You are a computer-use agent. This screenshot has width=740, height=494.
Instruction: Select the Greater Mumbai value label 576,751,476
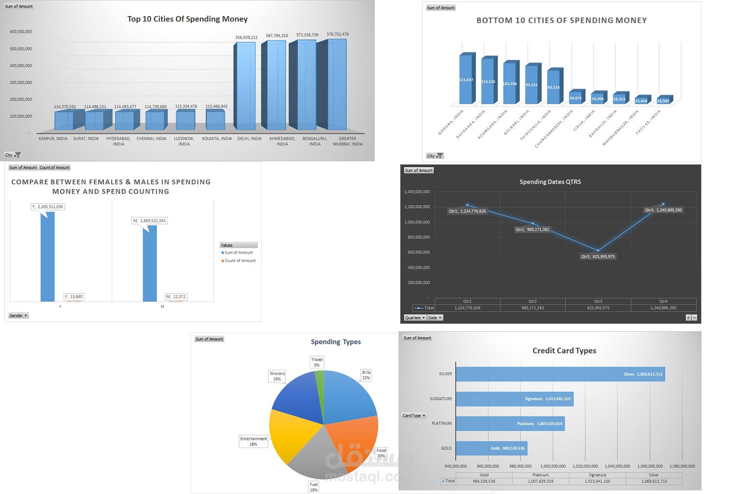338,34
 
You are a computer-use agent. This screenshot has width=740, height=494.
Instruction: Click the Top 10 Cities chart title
188,19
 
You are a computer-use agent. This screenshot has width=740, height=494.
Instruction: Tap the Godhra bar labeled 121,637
465,79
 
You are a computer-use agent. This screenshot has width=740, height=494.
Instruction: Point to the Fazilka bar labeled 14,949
663,101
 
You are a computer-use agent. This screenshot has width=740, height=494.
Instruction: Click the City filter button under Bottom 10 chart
435,156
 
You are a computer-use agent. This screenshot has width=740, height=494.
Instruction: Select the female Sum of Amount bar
48,257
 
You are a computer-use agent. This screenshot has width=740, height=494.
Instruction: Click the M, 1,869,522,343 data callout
149,221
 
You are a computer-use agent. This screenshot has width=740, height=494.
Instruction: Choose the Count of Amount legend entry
239,260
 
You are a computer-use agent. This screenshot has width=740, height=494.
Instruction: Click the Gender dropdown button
19,316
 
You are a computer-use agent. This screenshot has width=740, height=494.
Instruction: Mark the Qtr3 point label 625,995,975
598,257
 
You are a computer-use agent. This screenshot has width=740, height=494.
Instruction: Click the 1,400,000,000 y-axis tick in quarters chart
417,192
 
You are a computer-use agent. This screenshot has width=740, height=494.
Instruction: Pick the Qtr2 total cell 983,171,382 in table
532,308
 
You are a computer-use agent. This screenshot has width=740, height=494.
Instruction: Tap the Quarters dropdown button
415,318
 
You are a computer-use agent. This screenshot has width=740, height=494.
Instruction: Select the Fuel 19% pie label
314,487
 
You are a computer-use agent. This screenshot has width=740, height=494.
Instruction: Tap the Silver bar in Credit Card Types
560,374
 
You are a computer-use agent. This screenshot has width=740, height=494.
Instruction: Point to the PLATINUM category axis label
442,424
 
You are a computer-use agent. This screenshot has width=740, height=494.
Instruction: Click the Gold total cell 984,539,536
484,481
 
